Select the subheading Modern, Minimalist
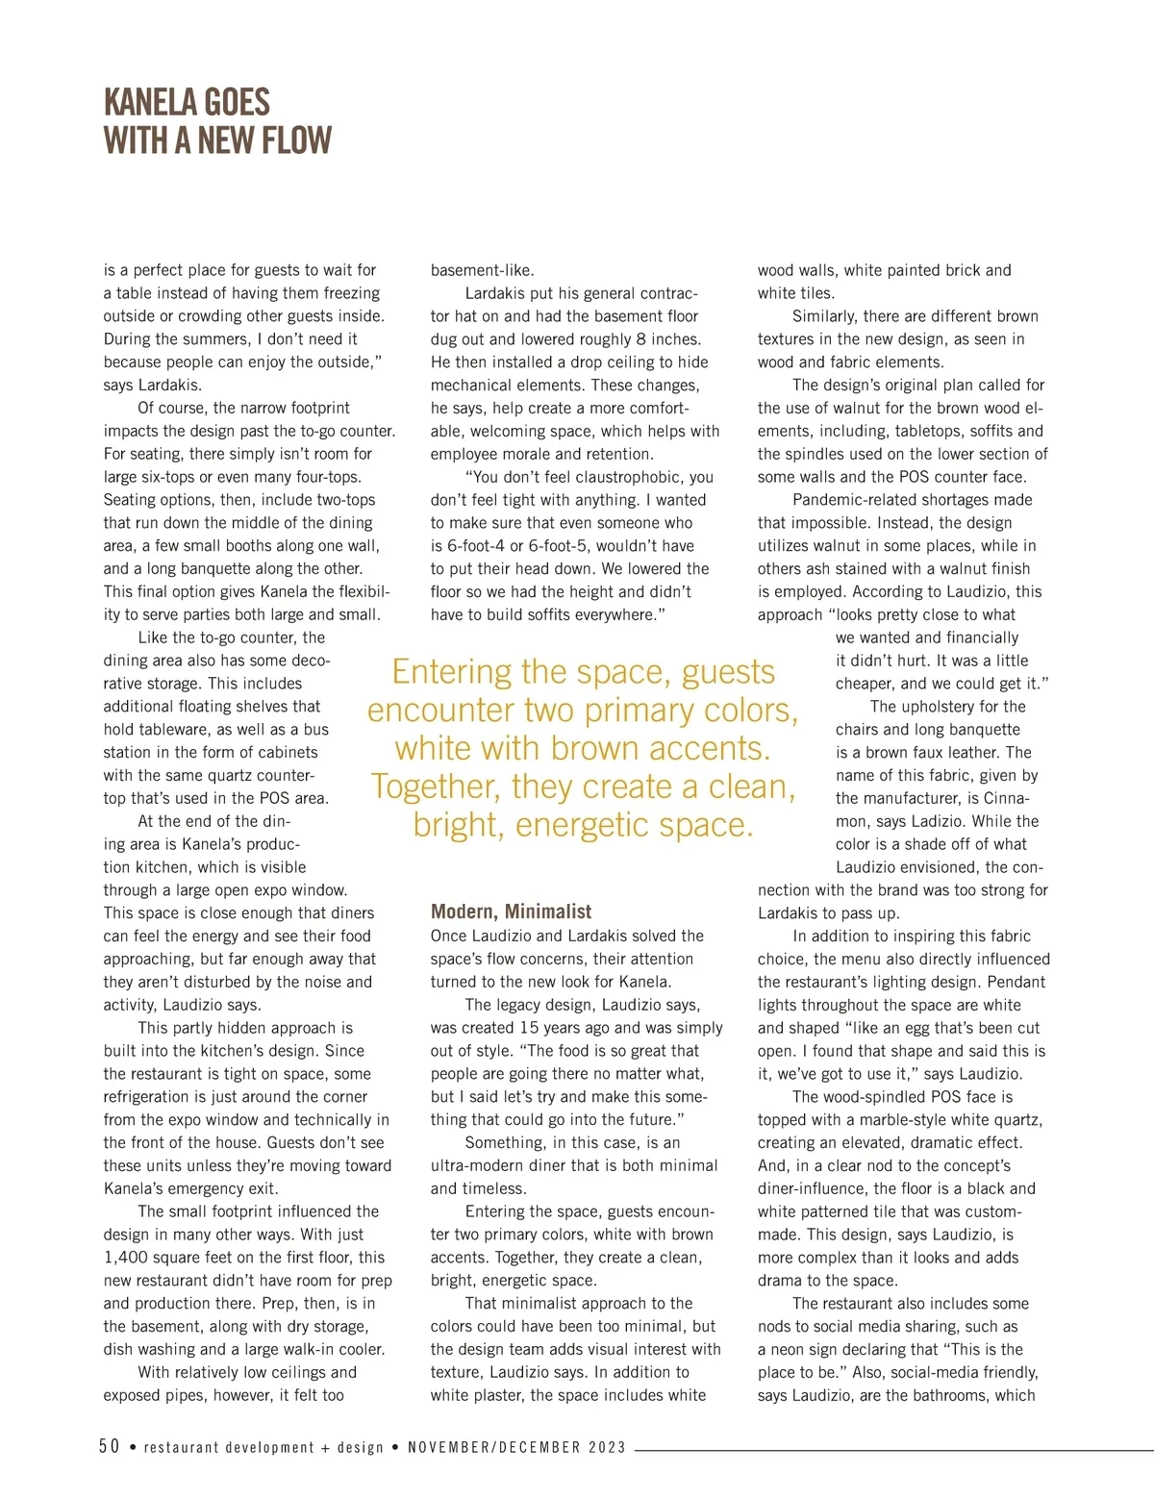pos(511,911)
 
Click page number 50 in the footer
pos(110,1447)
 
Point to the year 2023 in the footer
pos(607,1447)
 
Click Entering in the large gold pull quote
pos(451,671)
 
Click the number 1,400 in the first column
pos(126,1258)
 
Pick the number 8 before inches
pos(641,339)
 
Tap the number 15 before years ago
pos(529,1028)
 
